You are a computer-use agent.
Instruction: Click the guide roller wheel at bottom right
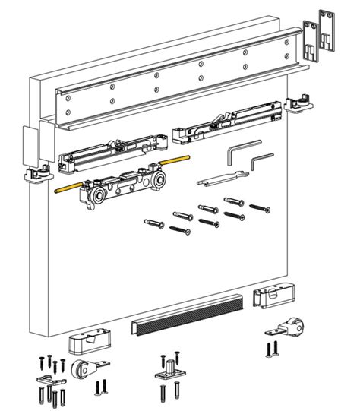coord(292,329)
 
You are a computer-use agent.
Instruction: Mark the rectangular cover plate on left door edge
coord(30,145)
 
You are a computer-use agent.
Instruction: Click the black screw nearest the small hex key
coord(261,206)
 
